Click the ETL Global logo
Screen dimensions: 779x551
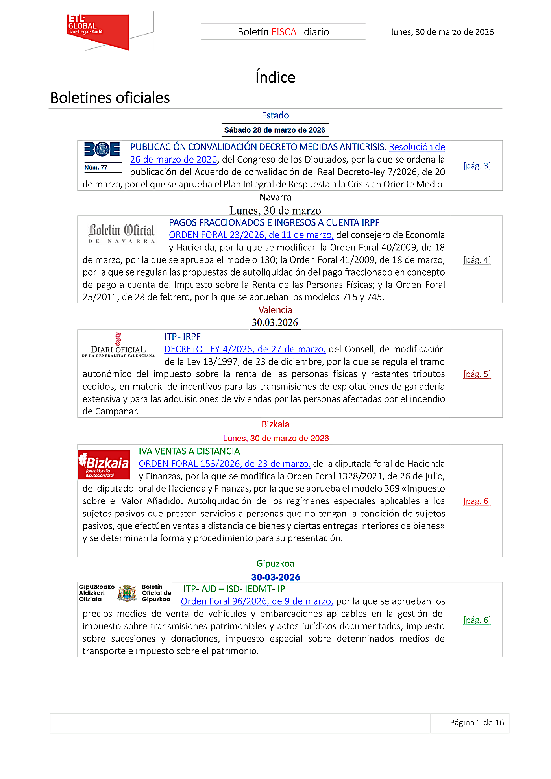click(x=98, y=31)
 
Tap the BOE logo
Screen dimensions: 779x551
click(x=102, y=150)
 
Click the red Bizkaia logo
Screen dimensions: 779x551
click(x=104, y=464)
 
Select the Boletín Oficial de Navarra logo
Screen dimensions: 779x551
click(x=122, y=233)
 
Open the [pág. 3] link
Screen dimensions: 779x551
click(x=477, y=166)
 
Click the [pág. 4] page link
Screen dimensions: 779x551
click(x=477, y=260)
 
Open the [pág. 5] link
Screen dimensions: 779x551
click(x=477, y=374)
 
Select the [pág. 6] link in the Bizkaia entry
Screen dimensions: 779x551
click(x=477, y=501)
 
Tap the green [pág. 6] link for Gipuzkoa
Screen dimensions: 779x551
click(x=477, y=620)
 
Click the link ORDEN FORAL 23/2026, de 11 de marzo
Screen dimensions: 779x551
click(x=251, y=235)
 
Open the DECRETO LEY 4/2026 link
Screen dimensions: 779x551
click(x=245, y=349)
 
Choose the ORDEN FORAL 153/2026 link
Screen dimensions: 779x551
click(x=224, y=464)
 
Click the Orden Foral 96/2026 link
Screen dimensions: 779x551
click(x=257, y=601)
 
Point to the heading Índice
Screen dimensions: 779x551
click(x=275, y=77)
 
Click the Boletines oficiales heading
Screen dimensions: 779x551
click(x=110, y=98)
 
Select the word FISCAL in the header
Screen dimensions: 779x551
click(x=286, y=32)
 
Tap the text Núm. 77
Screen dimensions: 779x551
click(x=96, y=167)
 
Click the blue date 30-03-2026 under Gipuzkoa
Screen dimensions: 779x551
click(x=275, y=577)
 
